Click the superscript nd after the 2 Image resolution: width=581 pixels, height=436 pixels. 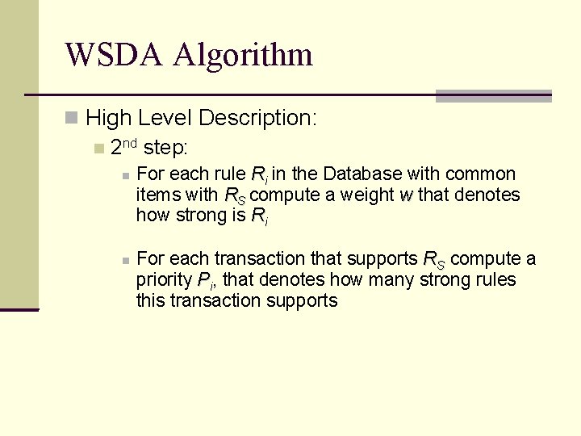tap(131, 144)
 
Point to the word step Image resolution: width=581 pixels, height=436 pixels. tap(165, 149)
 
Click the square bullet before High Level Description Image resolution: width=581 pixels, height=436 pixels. tap(73, 118)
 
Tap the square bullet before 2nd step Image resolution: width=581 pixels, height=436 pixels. tap(98, 149)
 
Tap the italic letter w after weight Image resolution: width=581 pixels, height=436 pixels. tap(406, 195)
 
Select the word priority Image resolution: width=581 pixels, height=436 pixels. tap(165, 280)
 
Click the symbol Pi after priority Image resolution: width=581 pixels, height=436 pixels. tap(205, 281)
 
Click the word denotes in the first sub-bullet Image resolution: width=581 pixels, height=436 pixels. tap(489, 195)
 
